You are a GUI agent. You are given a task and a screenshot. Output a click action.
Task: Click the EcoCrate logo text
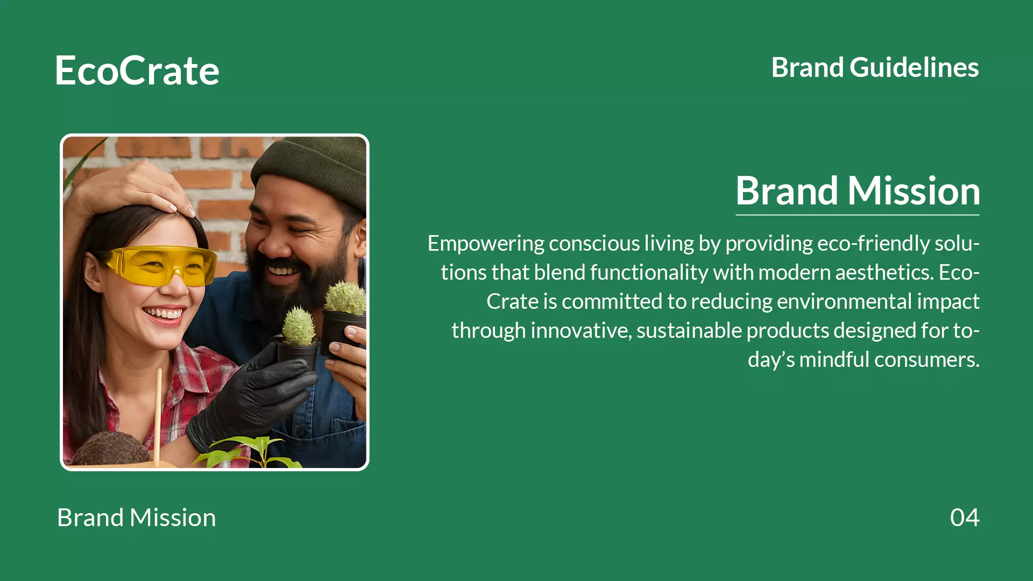137,70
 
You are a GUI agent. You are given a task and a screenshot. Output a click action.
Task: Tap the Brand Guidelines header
875,67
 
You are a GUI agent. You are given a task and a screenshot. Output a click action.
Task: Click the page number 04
965,518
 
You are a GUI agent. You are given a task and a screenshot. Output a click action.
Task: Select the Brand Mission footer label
137,518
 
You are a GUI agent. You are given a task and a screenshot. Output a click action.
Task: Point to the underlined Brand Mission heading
858,191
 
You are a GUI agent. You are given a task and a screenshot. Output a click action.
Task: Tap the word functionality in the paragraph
649,272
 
